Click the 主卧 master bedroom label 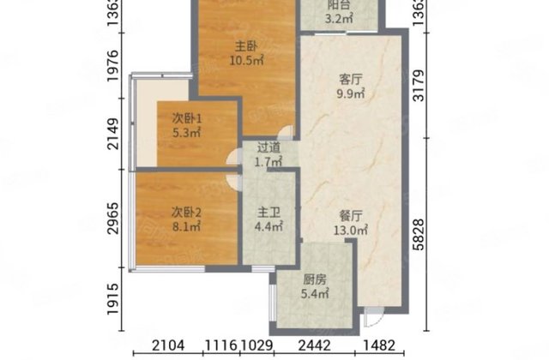pos(247,45)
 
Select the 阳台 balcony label pos(338,3)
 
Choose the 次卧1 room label pos(183,118)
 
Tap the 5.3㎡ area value pos(183,133)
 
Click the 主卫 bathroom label pos(267,213)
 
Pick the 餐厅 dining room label pos(351,215)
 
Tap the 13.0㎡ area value pos(351,230)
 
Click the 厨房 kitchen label pos(314,277)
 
